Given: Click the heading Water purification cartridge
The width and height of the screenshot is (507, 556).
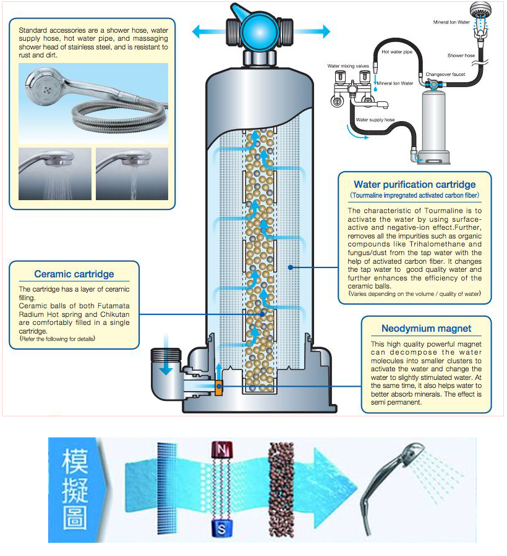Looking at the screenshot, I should coord(415,184).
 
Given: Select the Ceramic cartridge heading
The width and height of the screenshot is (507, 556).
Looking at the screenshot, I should coord(74,274).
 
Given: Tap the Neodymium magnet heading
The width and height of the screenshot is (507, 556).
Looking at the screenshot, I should coord(426,329).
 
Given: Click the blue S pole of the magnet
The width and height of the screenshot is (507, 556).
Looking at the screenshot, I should coord(221,528).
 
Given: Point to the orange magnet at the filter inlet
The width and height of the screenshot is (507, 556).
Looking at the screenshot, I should coord(218,387).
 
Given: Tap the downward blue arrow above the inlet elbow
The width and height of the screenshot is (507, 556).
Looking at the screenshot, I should coord(166,359).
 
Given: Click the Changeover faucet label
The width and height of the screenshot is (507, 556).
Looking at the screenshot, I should coord(445,74).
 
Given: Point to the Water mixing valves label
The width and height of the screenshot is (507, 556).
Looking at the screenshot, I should coord(349,66).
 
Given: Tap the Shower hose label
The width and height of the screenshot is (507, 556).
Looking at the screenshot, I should coord(461,56).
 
